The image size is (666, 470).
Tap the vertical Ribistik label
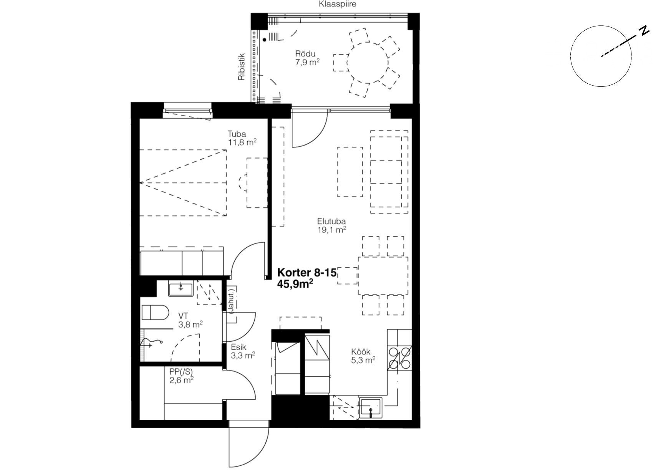click(x=241, y=67)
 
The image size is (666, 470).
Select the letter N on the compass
click(x=644, y=30)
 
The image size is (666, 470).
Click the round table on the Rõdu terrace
click(x=368, y=62)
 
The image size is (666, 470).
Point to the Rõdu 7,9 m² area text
click(x=307, y=58)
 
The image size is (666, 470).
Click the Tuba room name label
click(x=237, y=134)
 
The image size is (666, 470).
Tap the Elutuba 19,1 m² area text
click(x=331, y=226)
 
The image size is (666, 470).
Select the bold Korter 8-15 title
click(x=307, y=273)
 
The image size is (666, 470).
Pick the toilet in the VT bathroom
click(x=155, y=313)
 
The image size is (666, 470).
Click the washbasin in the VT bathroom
click(x=181, y=289)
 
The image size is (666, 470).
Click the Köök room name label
click(x=361, y=352)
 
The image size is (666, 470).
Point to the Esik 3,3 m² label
click(x=243, y=351)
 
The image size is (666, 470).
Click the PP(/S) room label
click(x=181, y=372)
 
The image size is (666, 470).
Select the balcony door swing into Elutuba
click(x=309, y=129)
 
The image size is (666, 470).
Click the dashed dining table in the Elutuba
click(x=383, y=276)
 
